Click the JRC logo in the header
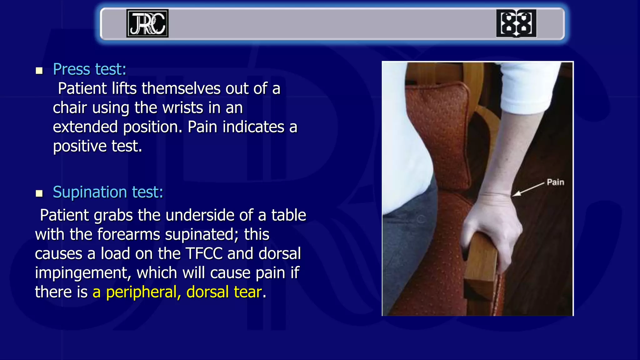(147, 23)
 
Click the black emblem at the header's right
(516, 23)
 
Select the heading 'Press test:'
(89, 69)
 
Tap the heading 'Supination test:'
(108, 192)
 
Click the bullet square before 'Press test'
(39, 71)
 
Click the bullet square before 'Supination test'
(39, 193)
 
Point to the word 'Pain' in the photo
(555, 182)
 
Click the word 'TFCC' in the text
(204, 253)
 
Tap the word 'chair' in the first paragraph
(70, 108)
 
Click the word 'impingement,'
(83, 273)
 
